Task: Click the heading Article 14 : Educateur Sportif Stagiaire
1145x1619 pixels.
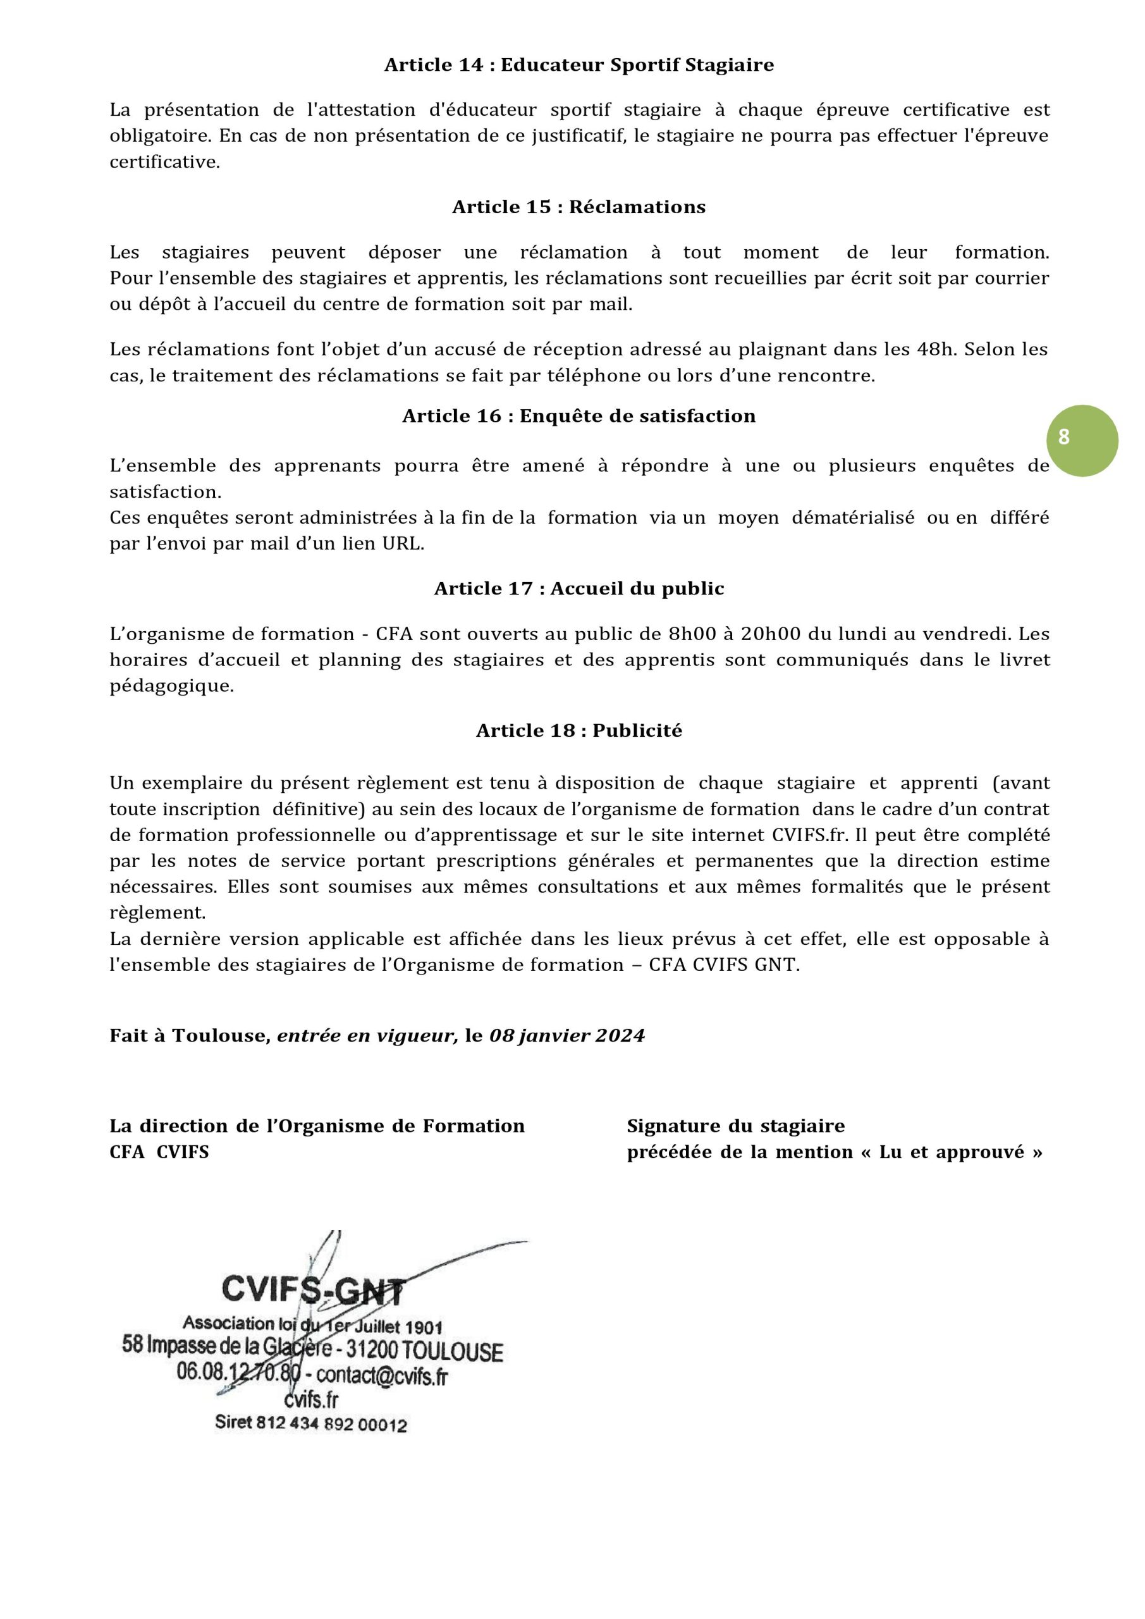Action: tap(579, 66)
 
